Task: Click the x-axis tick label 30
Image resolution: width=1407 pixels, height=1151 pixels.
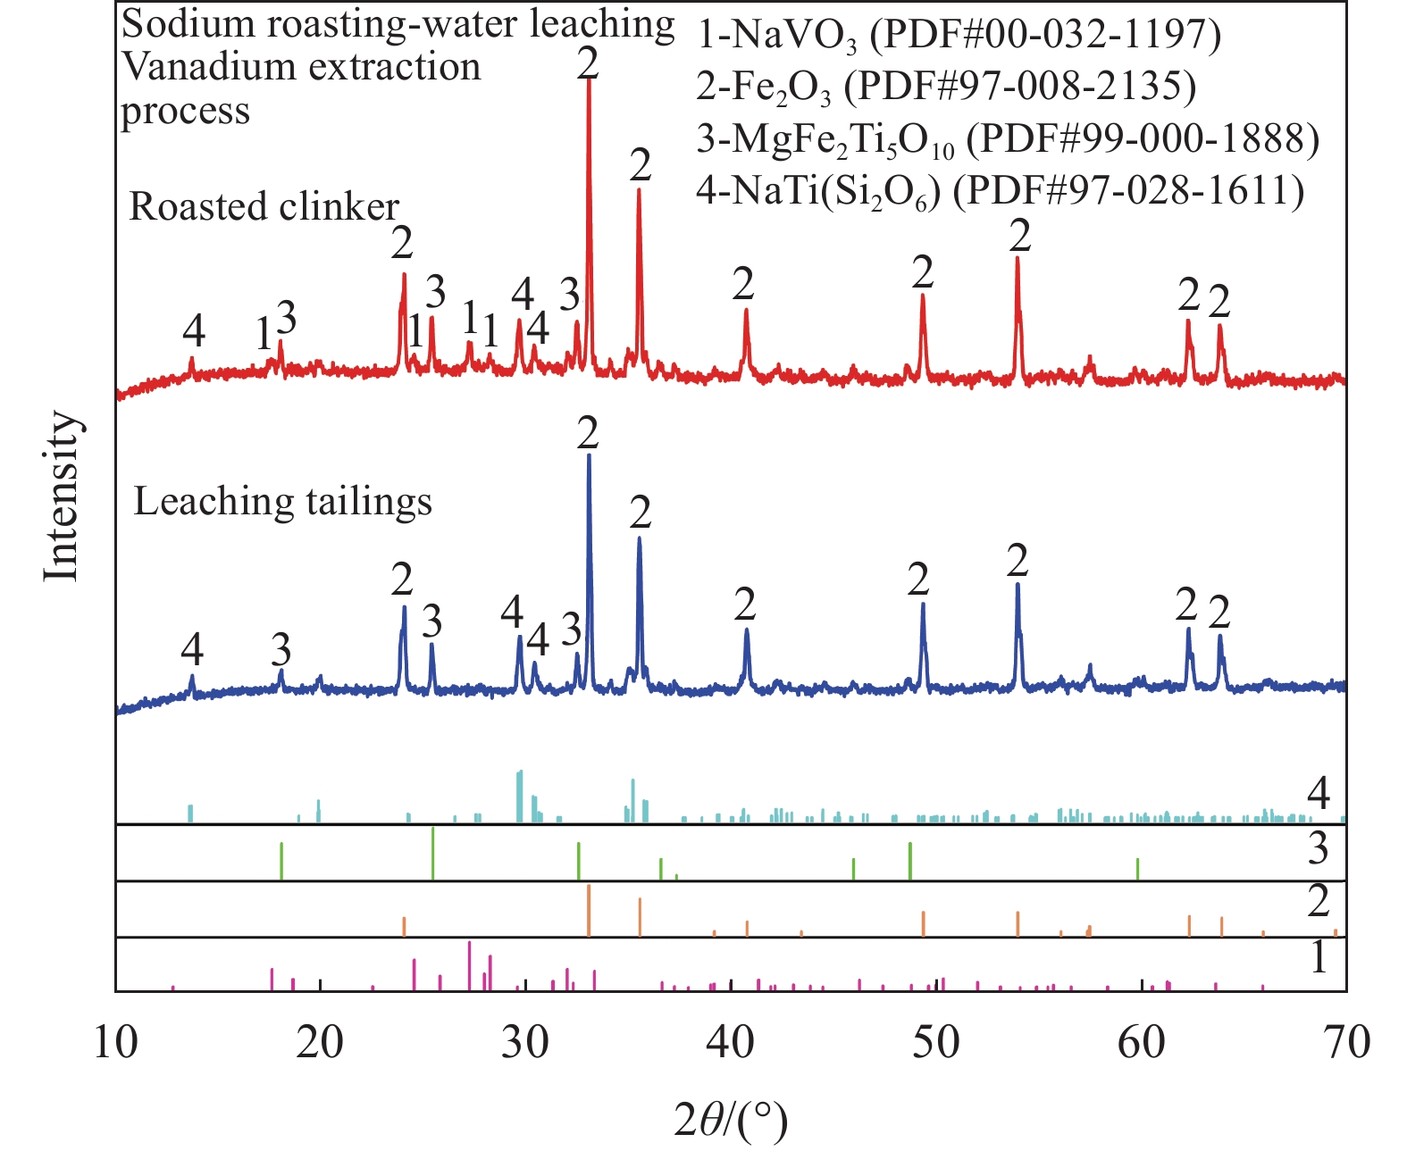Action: pos(525,1043)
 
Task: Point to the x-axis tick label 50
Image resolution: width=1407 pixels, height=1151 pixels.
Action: pos(936,1043)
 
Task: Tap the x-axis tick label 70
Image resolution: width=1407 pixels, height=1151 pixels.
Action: pos(1345,1043)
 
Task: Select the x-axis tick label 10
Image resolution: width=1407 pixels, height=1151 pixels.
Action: pos(116,1043)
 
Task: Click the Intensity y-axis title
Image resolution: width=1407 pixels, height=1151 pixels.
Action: pos(63,496)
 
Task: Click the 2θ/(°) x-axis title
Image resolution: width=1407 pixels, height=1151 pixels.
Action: pos(731,1120)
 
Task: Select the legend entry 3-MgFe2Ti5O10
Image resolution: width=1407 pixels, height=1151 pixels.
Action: pos(1007,139)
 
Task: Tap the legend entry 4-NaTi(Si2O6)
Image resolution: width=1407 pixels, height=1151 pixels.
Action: pos(1000,191)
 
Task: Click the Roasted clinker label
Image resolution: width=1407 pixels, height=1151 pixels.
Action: pos(264,207)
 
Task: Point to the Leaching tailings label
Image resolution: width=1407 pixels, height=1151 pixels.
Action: pos(282,502)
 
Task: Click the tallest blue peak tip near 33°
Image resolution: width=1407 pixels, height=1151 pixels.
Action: pos(589,456)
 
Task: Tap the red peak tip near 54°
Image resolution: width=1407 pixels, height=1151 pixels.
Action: pos(1018,258)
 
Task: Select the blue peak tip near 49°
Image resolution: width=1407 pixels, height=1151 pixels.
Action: pos(923,605)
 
